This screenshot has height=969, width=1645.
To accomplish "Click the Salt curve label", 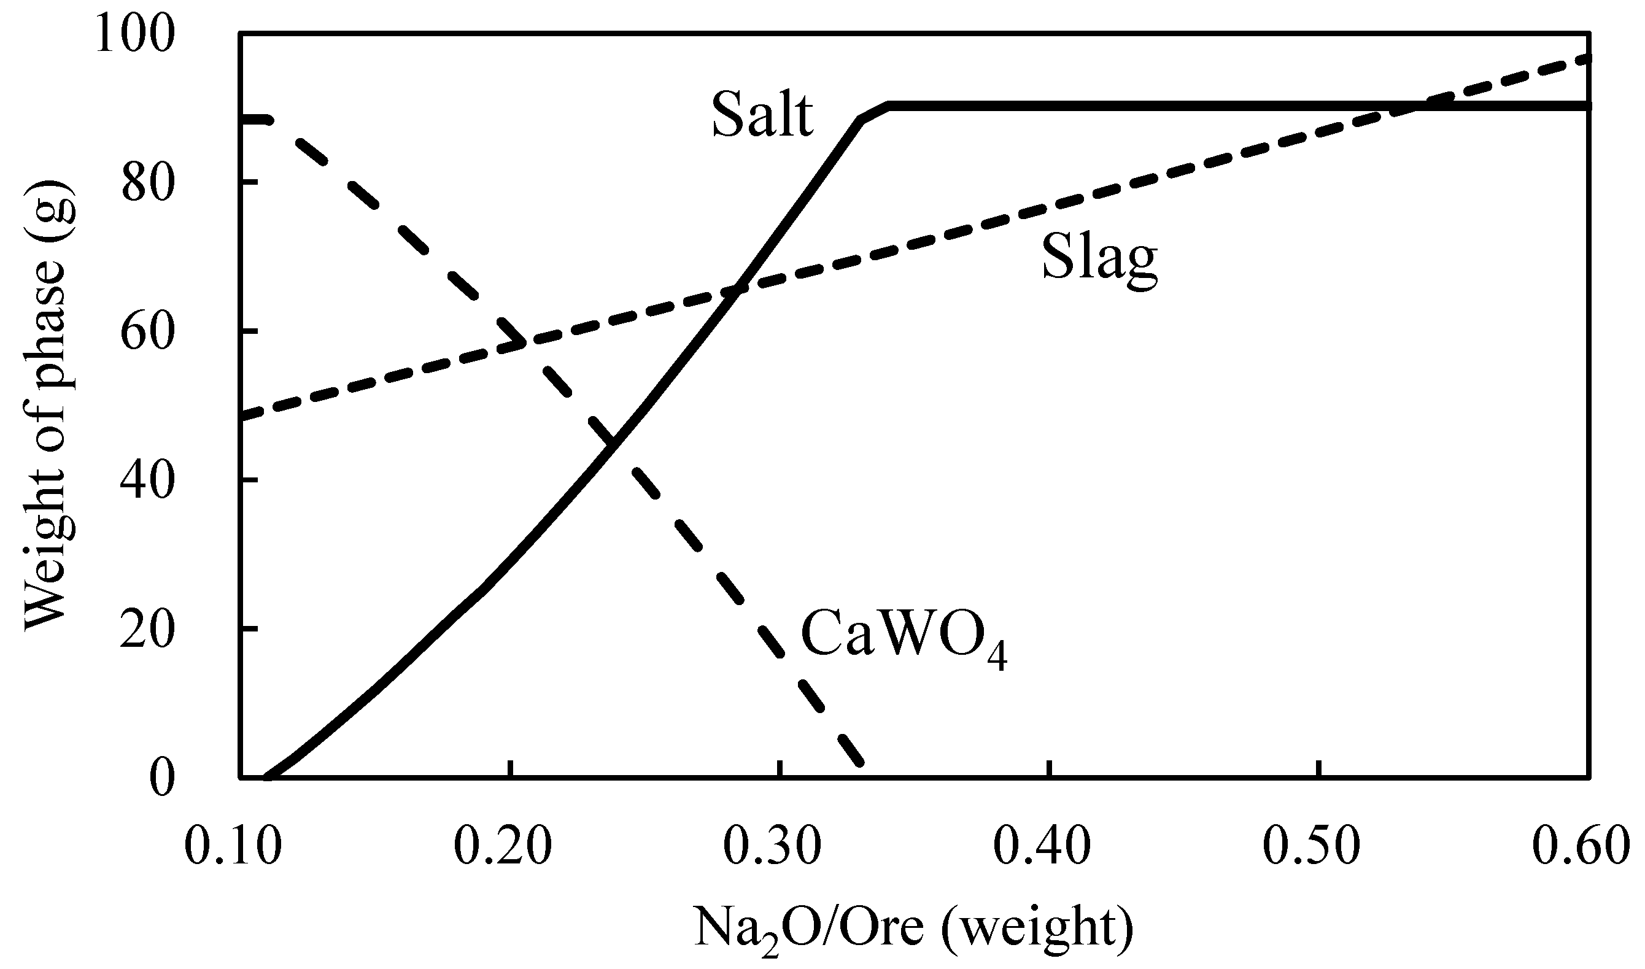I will click(x=762, y=116).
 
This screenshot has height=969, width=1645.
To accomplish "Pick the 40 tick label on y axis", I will click(x=149, y=481).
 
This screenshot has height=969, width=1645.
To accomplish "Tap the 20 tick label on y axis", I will click(x=149, y=630).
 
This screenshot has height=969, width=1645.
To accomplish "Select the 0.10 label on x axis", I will click(x=233, y=847).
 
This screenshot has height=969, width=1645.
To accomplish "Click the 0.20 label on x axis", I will click(x=503, y=847).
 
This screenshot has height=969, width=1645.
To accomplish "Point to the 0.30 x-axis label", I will click(x=773, y=847).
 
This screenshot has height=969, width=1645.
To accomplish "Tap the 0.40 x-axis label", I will click(x=1042, y=847).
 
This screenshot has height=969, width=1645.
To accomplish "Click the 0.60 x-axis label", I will click(x=1581, y=847).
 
